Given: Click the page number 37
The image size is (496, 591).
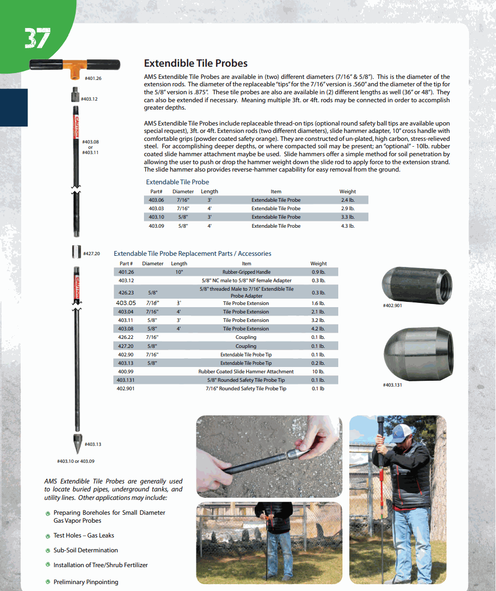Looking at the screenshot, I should click(37, 38).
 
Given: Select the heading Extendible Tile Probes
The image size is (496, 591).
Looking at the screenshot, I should click(195, 63).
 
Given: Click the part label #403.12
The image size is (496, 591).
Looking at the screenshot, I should click(89, 99).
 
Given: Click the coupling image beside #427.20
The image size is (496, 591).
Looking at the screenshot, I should click(76, 252).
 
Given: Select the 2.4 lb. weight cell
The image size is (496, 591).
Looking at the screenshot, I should click(348, 200).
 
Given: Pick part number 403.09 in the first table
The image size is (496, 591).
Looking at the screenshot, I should click(156, 226).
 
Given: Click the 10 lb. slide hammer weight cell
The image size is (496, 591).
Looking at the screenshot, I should click(318, 372).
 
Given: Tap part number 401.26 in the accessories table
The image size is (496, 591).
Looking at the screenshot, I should click(126, 272).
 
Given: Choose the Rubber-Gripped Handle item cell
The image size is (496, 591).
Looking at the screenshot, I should click(246, 272).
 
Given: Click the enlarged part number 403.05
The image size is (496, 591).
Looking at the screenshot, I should click(126, 303).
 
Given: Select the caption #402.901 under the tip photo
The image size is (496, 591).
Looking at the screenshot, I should click(392, 306).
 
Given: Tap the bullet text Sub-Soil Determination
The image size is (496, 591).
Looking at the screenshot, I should click(85, 550).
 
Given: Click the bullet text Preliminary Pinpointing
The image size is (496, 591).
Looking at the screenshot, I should click(86, 582).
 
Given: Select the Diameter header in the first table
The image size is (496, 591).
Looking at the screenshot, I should click(183, 192).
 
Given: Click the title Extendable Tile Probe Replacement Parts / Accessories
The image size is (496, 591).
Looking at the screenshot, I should click(192, 254).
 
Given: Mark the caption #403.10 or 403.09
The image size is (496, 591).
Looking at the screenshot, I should click(76, 461).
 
